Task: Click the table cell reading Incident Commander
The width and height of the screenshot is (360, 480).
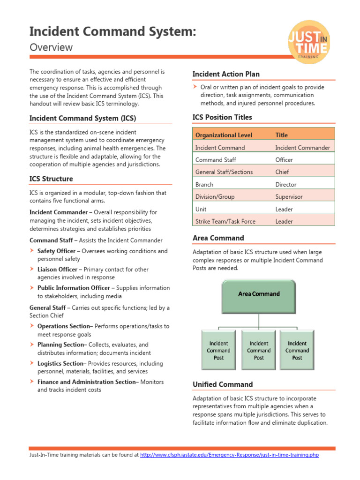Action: [302, 148]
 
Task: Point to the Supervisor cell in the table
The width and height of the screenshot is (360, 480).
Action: [289, 197]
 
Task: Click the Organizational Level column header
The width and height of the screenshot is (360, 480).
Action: [224, 135]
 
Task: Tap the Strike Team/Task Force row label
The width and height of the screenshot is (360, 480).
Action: [225, 222]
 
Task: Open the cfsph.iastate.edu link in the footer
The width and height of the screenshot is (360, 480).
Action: [229, 455]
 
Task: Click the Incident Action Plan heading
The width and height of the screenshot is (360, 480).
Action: [226, 74]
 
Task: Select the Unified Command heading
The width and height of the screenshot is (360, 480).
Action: [223, 384]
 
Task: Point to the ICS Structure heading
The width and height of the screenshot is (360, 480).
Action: [51, 179]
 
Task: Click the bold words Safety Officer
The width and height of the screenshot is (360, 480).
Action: [56, 251]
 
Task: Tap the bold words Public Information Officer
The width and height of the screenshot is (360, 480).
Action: [74, 288]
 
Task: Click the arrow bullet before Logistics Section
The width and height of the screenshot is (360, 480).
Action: [32, 363]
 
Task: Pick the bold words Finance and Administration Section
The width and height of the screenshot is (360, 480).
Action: [86, 382]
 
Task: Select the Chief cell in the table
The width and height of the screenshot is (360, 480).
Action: [282, 172]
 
